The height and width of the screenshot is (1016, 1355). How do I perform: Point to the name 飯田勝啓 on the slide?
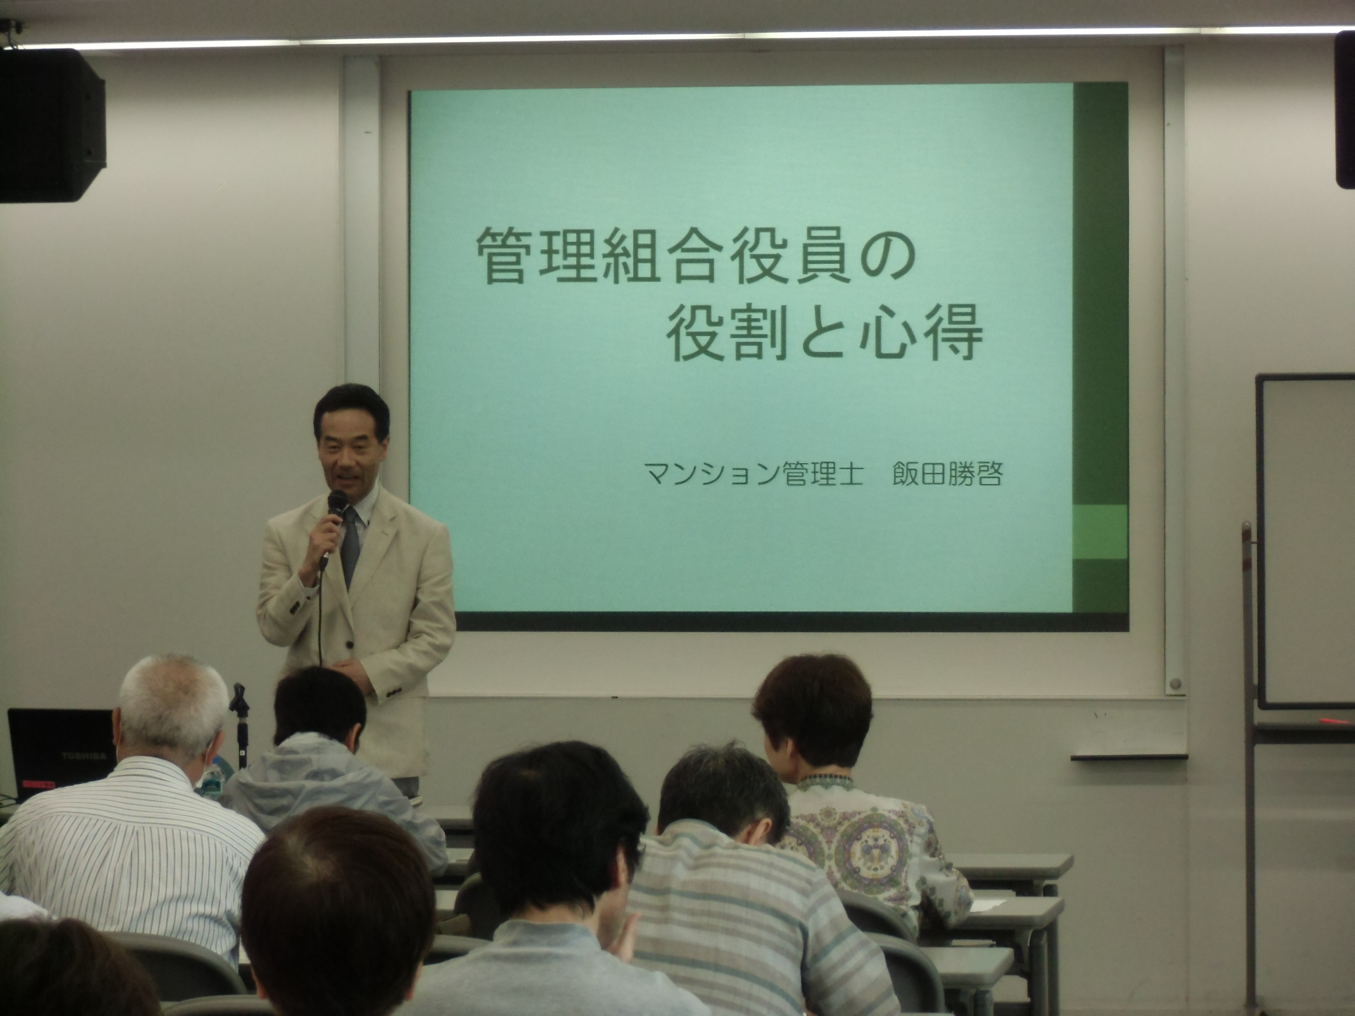947,474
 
